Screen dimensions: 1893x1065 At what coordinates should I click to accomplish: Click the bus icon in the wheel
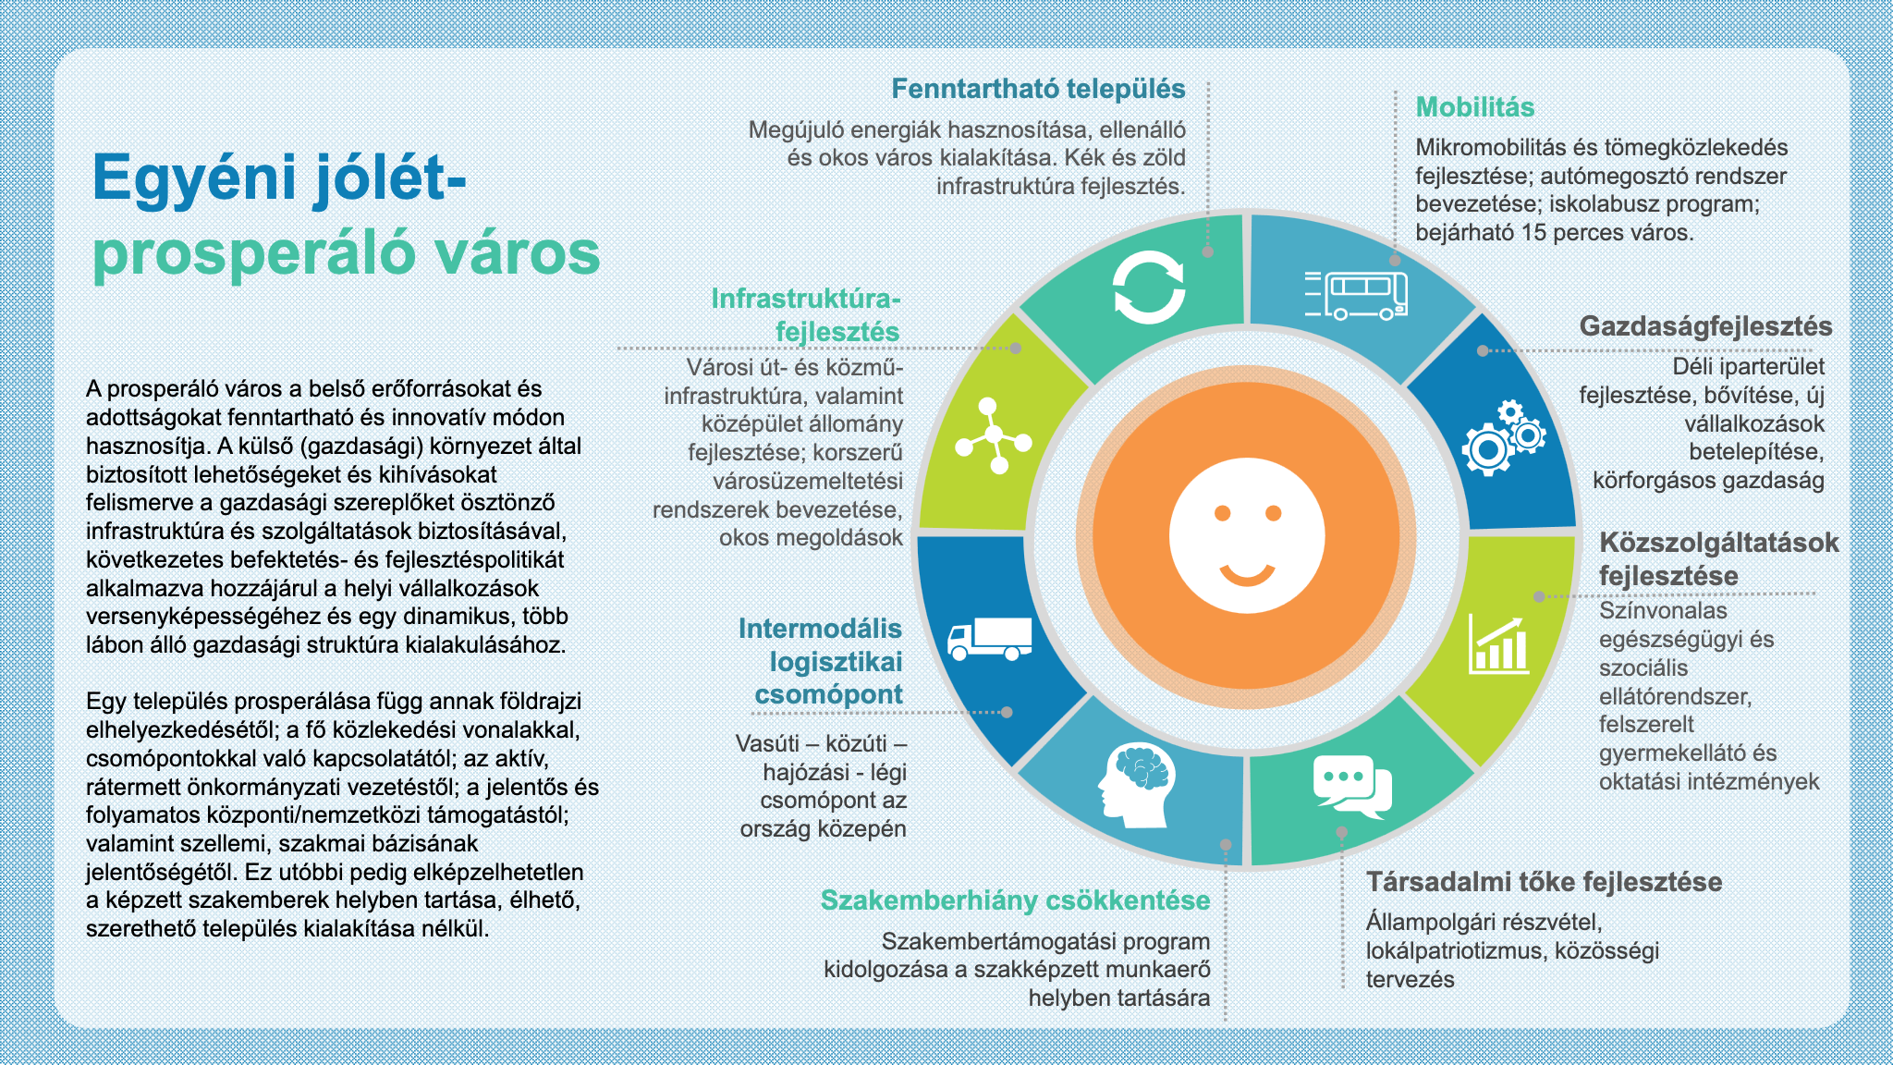pyautogui.click(x=1357, y=295)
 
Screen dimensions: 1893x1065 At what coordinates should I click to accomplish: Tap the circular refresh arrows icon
pyautogui.click(x=1148, y=288)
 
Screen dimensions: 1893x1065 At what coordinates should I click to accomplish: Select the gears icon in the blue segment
pyautogui.click(x=1503, y=438)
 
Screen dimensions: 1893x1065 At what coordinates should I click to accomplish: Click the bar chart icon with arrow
pyautogui.click(x=1497, y=645)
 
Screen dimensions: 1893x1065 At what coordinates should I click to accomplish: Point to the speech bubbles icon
pyautogui.click(x=1352, y=787)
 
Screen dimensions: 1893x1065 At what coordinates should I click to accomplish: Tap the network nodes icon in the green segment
pyautogui.click(x=994, y=435)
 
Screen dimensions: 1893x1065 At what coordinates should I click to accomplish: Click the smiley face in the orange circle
pyautogui.click(x=1247, y=535)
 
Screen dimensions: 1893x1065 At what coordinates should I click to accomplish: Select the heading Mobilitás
pyautogui.click(x=1475, y=107)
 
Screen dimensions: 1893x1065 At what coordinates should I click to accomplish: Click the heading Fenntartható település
pyautogui.click(x=1038, y=89)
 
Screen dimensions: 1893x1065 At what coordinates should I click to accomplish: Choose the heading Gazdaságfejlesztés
pyautogui.click(x=1705, y=326)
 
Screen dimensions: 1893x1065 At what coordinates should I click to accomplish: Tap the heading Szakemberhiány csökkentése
pyautogui.click(x=1015, y=900)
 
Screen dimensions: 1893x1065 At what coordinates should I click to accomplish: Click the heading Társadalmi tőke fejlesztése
pyautogui.click(x=1545, y=882)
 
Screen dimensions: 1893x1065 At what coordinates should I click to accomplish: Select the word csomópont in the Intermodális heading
pyautogui.click(x=828, y=694)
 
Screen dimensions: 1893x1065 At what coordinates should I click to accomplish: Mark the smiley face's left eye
pyautogui.click(x=1222, y=513)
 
